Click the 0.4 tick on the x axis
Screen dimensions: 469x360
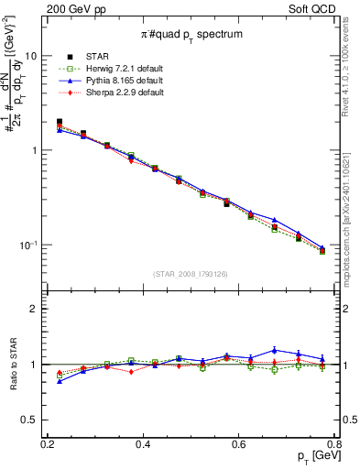click(144, 443)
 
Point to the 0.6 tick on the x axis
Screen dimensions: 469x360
click(239, 443)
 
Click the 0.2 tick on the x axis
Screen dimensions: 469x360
click(49, 443)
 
